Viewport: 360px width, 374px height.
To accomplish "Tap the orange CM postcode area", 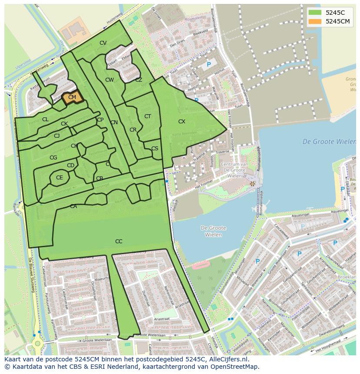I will [72, 98].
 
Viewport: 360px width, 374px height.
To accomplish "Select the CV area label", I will [103, 43].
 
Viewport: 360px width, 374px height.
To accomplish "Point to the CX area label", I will [182, 122].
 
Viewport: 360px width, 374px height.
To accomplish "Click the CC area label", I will [119, 242].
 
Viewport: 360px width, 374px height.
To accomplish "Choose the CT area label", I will [148, 116].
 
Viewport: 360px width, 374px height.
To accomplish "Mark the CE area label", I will [60, 178].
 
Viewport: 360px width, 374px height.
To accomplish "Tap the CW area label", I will [110, 80].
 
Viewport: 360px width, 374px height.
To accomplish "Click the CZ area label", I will [139, 80].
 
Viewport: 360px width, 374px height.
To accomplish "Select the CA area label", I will [73, 206].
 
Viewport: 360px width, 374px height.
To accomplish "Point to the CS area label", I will [155, 149].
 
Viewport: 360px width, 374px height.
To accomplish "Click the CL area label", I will [45, 119].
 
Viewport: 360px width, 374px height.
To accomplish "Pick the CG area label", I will [53, 158].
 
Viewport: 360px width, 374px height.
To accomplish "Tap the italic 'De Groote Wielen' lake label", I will [329, 142].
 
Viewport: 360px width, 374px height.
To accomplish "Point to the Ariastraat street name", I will [161, 318].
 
